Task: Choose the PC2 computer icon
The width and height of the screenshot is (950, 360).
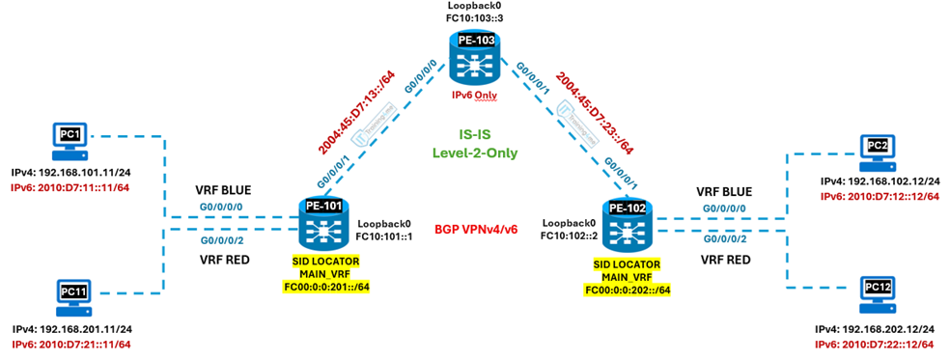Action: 877,151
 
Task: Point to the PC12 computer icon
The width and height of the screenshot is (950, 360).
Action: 877,292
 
